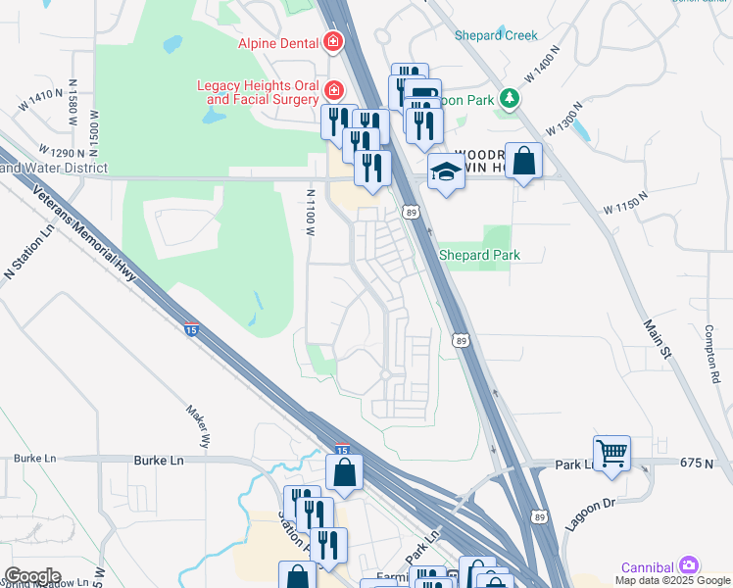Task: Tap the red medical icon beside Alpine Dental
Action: [333, 42]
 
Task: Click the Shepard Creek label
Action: [496, 35]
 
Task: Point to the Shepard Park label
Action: [478, 255]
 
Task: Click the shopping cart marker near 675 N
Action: [611, 453]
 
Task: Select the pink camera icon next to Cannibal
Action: [690, 566]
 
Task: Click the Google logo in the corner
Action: [32, 576]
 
